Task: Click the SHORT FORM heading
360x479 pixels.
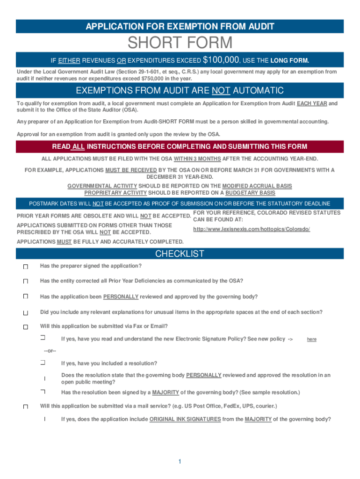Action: click(x=180, y=43)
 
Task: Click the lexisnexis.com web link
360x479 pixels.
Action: click(x=252, y=229)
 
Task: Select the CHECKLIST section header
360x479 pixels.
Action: click(x=180, y=254)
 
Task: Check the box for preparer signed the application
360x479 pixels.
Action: click(x=26, y=267)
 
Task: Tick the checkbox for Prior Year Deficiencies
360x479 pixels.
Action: click(x=26, y=282)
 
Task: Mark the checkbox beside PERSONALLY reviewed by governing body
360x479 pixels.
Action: click(x=26, y=297)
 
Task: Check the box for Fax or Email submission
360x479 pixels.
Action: click(x=26, y=327)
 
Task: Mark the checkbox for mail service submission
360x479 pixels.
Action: click(x=26, y=407)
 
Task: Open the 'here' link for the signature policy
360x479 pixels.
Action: click(x=311, y=340)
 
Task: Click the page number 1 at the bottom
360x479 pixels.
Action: click(x=180, y=462)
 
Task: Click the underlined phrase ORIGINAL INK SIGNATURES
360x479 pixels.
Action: click(x=185, y=419)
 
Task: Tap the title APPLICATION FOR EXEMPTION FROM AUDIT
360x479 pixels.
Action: click(x=180, y=27)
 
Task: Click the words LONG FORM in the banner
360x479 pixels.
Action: click(x=290, y=61)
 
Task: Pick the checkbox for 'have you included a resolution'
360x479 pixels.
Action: click(x=42, y=363)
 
